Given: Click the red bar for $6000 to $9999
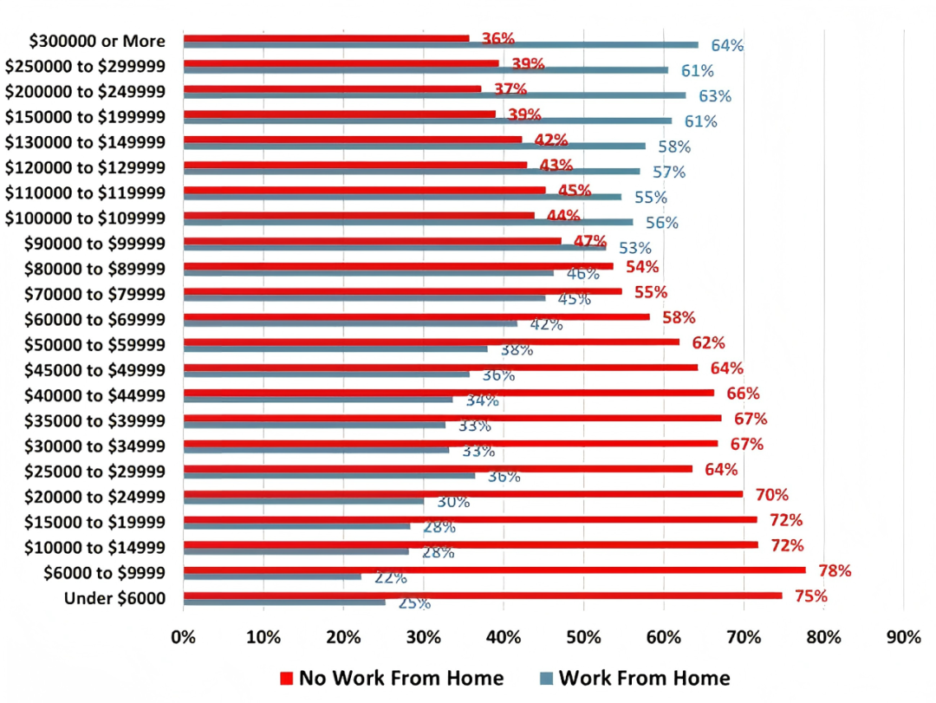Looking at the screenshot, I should [x=494, y=570].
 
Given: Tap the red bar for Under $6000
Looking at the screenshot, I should [x=483, y=595].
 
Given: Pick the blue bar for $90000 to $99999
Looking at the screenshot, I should [x=395, y=247].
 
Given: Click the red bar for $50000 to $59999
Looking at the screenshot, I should [x=432, y=342].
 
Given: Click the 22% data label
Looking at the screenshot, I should [x=390, y=577].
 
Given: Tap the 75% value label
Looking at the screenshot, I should [x=809, y=596].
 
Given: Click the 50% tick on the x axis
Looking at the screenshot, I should [x=583, y=637].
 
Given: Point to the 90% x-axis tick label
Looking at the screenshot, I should [x=903, y=637].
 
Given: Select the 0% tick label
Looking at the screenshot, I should [x=184, y=637].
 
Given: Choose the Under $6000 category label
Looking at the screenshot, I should [x=114, y=597].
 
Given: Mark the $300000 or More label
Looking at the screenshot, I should [x=97, y=41].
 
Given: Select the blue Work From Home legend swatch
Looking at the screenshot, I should [x=546, y=678].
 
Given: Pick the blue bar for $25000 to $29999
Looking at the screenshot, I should [x=329, y=475].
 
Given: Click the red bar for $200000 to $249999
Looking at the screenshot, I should [x=332, y=88].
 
